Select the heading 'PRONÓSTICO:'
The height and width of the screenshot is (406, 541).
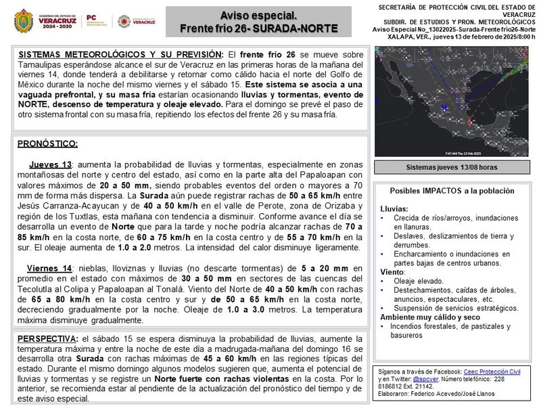click(x=47, y=143)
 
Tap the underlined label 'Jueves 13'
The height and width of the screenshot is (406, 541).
click(x=50, y=165)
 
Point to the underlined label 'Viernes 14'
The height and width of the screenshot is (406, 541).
click(x=49, y=268)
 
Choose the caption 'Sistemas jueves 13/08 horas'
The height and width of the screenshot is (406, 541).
click(x=452, y=167)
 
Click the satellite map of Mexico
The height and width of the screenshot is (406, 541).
click(x=452, y=101)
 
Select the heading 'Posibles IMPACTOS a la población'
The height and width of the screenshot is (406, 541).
click(x=452, y=191)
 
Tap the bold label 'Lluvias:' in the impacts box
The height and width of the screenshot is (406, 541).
click(x=395, y=208)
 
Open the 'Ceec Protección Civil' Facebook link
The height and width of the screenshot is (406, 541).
click(x=492, y=371)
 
